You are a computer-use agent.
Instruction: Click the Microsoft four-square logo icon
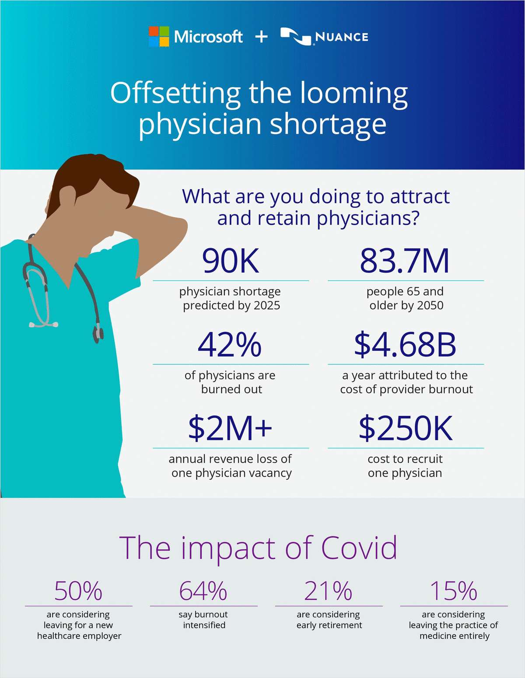pyautogui.click(x=159, y=37)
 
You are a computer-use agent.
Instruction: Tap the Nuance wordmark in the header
pyautogui.click(x=341, y=37)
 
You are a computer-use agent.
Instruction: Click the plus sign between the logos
pyautogui.click(x=261, y=37)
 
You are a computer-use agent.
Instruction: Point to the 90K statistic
pyautogui.click(x=231, y=261)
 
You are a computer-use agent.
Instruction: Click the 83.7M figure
pyautogui.click(x=405, y=261)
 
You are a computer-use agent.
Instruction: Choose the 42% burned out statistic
pyautogui.click(x=230, y=345)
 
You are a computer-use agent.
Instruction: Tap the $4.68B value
pyautogui.click(x=405, y=345)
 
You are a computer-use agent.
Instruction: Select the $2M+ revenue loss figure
pyautogui.click(x=230, y=428)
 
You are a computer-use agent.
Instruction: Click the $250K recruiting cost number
pyautogui.click(x=406, y=428)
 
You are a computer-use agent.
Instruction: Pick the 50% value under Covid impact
pyautogui.click(x=78, y=591)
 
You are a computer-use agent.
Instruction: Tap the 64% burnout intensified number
pyautogui.click(x=203, y=591)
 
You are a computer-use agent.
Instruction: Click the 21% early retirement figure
pyautogui.click(x=328, y=591)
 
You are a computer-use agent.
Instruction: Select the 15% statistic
pyautogui.click(x=453, y=591)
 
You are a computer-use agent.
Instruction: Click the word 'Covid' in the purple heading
pyautogui.click(x=359, y=548)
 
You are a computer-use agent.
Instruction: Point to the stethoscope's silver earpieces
pyautogui.click(x=43, y=325)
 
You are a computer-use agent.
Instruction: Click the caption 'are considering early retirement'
pyautogui.click(x=329, y=620)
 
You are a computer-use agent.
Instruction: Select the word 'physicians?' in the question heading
pyautogui.click(x=368, y=218)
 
